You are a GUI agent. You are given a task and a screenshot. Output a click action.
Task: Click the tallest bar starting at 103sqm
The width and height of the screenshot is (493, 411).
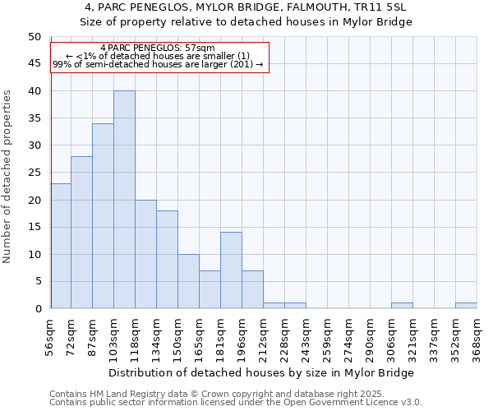click(124, 200)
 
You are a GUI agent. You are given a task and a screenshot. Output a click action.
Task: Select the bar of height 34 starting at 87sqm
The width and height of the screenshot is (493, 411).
click(103, 216)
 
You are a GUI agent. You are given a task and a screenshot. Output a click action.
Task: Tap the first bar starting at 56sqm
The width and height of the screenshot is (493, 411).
click(61, 246)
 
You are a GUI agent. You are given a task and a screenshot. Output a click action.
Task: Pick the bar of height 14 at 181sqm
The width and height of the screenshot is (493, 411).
click(231, 270)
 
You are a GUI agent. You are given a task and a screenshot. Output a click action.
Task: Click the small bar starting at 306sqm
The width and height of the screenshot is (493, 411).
click(402, 306)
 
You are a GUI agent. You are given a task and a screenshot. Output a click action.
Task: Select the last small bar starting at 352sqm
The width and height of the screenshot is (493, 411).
click(466, 306)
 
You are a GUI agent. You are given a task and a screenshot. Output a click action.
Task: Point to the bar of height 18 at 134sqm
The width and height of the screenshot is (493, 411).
click(167, 260)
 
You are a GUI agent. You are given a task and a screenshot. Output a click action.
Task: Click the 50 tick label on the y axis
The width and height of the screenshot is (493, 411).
click(34, 37)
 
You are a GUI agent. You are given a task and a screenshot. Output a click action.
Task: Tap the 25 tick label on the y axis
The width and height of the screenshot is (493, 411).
click(34, 173)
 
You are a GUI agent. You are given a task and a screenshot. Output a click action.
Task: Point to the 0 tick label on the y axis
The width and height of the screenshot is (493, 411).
click(37, 309)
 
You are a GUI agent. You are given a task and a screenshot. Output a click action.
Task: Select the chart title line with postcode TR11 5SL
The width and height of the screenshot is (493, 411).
click(246, 7)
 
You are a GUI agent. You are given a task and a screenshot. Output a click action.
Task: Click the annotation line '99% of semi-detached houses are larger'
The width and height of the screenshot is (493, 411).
click(157, 64)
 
